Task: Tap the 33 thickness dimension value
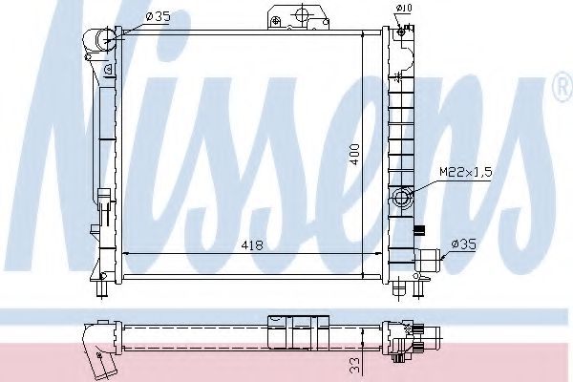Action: [354, 363]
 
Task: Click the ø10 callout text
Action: [406, 9]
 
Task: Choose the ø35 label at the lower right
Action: [465, 244]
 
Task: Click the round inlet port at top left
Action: [104, 39]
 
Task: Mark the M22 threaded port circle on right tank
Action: [402, 199]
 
